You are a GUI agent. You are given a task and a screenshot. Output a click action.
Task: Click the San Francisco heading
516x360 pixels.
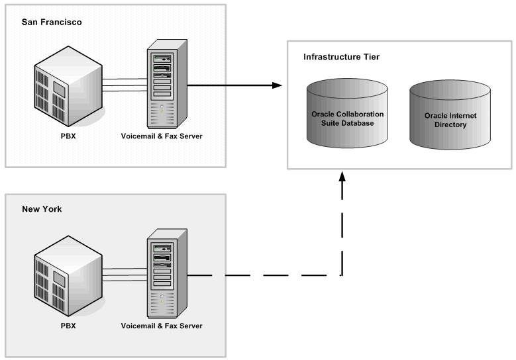click(x=52, y=22)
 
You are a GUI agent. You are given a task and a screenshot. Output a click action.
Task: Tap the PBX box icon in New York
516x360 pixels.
click(x=69, y=273)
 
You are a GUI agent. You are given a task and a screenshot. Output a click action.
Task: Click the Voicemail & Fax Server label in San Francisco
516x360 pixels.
click(x=162, y=137)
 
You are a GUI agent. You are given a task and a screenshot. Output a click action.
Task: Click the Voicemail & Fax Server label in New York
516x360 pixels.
click(x=162, y=326)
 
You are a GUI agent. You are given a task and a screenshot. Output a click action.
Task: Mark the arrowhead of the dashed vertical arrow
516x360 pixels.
click(x=342, y=177)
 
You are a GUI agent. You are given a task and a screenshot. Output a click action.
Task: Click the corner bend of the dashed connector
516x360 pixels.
click(x=342, y=275)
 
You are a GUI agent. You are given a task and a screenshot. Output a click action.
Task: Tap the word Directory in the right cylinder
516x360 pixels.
click(x=450, y=124)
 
